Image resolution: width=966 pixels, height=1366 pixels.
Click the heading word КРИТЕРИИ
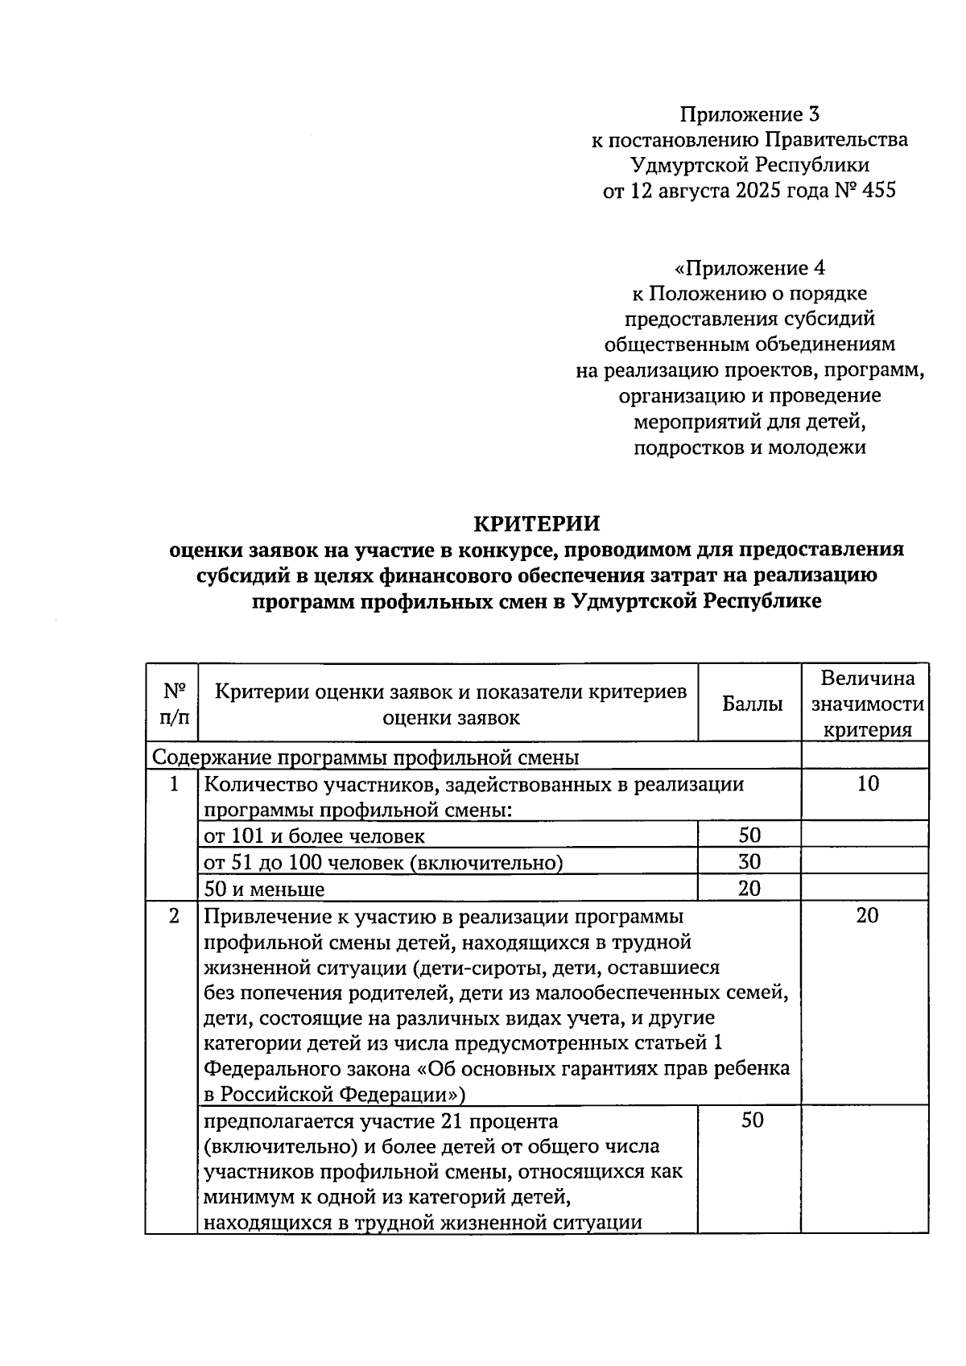coord(536,523)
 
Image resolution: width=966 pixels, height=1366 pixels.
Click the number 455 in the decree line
coord(878,192)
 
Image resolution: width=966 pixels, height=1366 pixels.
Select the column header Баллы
coord(752,704)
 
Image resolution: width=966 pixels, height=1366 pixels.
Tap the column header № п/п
coord(174,704)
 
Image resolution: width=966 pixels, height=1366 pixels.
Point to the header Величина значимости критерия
coord(867,704)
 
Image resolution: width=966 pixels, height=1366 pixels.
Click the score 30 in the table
coord(749,862)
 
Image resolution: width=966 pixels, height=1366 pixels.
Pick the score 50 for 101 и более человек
coord(749,836)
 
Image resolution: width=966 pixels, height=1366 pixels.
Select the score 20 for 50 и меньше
coord(749,889)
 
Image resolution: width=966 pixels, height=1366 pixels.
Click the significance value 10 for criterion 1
coord(868,783)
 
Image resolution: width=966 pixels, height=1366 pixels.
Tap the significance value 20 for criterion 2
coord(867,915)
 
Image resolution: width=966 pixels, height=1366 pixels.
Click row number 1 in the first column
coord(174,783)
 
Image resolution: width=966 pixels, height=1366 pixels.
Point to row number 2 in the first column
coord(174,915)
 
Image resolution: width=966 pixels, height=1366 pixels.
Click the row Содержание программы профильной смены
coord(365,757)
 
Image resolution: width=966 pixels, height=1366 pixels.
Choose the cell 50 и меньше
coord(265,889)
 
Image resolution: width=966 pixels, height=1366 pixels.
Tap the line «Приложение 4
coord(749,267)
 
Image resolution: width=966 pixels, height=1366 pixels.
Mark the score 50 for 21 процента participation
coord(752,1120)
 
